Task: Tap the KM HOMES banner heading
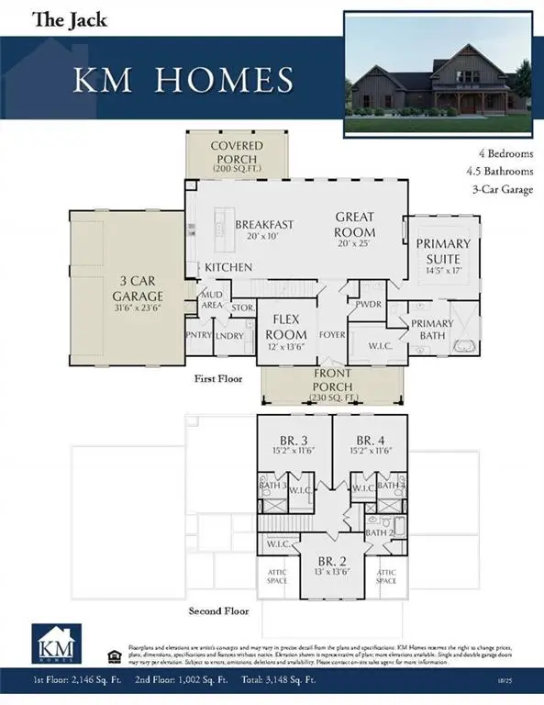click(x=184, y=81)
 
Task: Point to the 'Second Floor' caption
click(x=219, y=610)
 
